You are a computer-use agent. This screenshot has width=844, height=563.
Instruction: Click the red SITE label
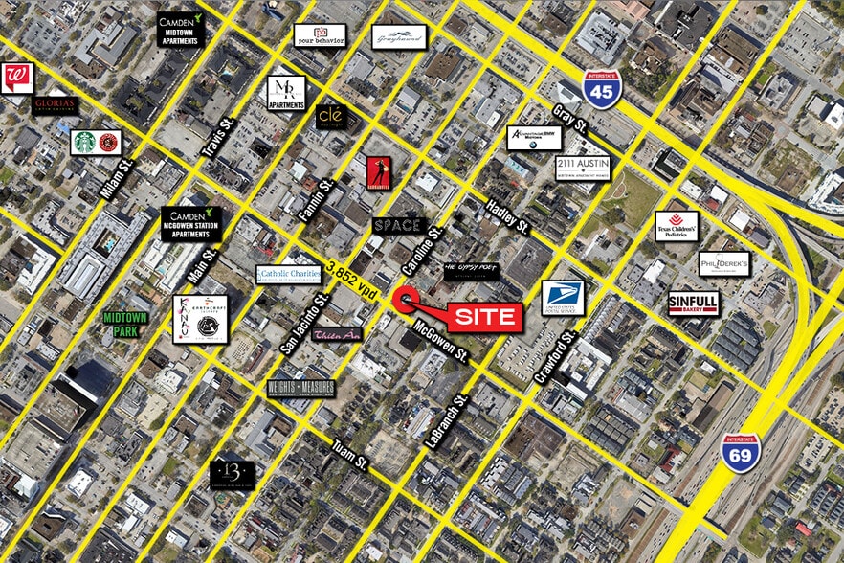(483, 317)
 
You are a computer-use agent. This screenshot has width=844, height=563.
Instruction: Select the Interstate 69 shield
(741, 451)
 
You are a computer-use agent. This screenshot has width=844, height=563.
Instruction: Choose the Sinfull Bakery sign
(693, 303)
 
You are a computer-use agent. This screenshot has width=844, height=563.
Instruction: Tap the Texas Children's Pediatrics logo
(677, 226)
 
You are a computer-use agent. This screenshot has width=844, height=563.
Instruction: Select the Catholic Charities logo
(288, 275)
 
